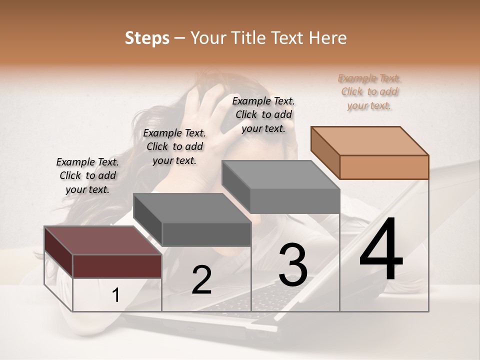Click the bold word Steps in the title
point(147,38)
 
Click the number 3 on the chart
point(292,265)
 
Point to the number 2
point(201,280)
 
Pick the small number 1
point(115,295)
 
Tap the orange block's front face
point(384,167)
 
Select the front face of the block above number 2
point(206,234)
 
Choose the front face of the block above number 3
point(295,201)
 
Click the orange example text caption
point(369,92)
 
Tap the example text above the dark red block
point(87,175)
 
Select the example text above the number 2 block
point(174,146)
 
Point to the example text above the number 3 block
point(263,114)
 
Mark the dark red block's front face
point(117,266)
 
